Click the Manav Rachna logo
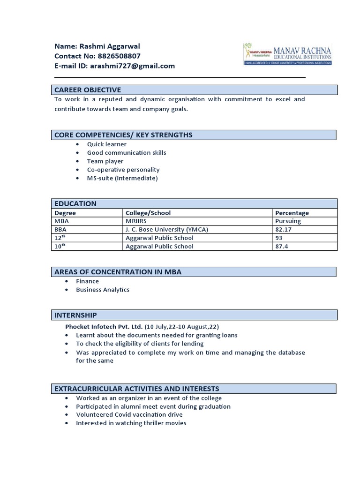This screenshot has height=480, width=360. (287, 53)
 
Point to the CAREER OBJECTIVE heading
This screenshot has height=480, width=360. (88, 90)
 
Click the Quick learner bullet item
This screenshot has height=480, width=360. (107, 144)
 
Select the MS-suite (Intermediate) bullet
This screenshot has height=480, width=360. (122, 178)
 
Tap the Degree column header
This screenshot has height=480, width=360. (65, 213)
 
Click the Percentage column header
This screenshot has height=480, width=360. (292, 213)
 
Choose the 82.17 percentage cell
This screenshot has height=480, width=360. (284, 229)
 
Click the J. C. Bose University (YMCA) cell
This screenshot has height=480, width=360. (166, 229)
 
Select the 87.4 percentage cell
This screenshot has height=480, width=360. (282, 246)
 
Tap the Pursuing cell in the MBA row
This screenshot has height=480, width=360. (288, 221)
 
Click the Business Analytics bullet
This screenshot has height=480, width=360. (103, 290)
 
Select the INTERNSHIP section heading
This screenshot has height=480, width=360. (76, 315)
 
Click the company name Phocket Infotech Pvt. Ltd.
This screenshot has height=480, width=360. (104, 327)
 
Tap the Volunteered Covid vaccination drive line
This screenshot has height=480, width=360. (129, 415)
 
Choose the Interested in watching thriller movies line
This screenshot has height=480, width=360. (131, 423)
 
